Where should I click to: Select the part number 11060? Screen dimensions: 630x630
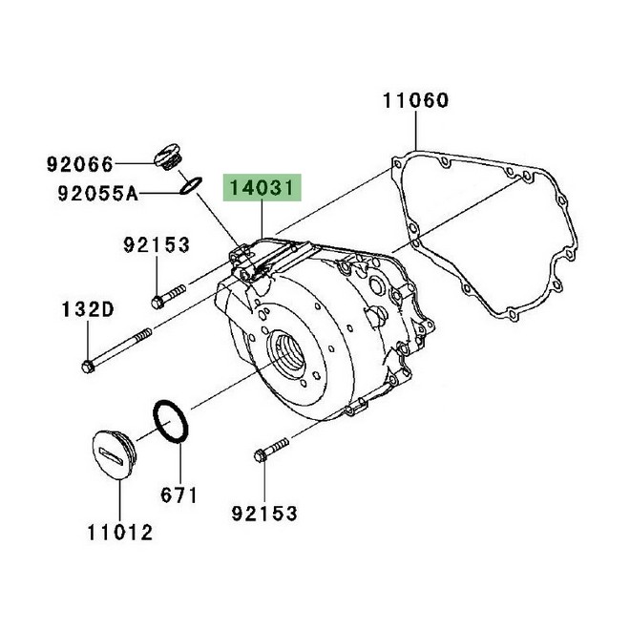click(x=416, y=100)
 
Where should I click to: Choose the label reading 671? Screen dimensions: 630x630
click(x=178, y=494)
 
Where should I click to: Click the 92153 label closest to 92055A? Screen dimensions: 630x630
click(x=157, y=245)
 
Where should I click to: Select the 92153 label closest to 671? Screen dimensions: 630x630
click(x=264, y=514)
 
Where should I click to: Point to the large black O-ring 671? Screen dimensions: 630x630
click(x=170, y=422)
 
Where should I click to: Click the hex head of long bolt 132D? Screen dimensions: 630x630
click(x=90, y=366)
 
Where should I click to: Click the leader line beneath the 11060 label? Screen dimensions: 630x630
click(x=416, y=130)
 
